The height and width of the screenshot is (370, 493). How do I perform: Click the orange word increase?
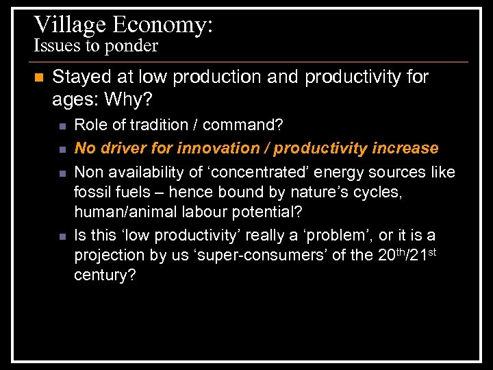point(405,148)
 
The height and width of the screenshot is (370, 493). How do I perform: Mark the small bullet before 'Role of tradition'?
point(62,126)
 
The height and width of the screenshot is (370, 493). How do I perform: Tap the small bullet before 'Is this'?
point(62,237)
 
